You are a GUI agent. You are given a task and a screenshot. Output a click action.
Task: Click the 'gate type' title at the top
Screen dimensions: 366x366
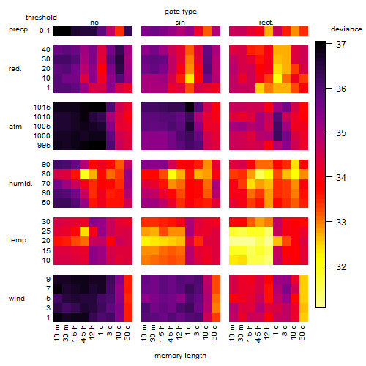pyautogui.click(x=181, y=12)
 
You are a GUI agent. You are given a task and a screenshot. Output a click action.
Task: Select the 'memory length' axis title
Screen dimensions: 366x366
pyautogui.click(x=180, y=356)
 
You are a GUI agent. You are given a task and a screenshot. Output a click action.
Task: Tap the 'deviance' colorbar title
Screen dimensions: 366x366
pyautogui.click(x=346, y=29)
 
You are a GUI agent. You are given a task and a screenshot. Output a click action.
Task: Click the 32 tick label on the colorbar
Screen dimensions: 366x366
pyautogui.click(x=341, y=266)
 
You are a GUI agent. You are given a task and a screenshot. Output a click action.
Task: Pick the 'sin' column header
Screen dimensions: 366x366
pyautogui.click(x=180, y=23)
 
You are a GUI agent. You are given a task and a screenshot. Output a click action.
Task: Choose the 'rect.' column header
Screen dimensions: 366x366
pyautogui.click(x=266, y=23)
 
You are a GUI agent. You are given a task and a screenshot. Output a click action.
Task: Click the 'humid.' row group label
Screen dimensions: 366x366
pyautogui.click(x=20, y=184)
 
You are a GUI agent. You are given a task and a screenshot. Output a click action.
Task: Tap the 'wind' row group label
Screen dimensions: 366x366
pyautogui.click(x=17, y=299)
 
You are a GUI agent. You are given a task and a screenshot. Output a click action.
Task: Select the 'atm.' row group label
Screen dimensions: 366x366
pyautogui.click(x=16, y=127)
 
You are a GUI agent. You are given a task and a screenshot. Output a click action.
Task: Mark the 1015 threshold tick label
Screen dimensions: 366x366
pyautogui.click(x=42, y=108)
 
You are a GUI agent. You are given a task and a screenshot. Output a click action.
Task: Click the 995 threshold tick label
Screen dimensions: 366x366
pyautogui.click(x=44, y=146)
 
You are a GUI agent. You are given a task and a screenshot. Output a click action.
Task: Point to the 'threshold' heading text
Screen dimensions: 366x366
pyautogui.click(x=41, y=18)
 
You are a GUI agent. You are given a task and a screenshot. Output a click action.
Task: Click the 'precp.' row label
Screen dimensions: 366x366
pyautogui.click(x=19, y=29)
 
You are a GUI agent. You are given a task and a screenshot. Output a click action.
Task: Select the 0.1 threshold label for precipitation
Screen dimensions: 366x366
pyautogui.click(x=45, y=31)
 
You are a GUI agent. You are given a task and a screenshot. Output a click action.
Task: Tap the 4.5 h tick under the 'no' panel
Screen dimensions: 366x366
pyautogui.click(x=83, y=334)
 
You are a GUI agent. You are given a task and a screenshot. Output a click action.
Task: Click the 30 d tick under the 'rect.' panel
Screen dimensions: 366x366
pyautogui.click(x=302, y=332)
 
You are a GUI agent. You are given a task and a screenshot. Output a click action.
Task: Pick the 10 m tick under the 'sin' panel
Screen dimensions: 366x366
pyautogui.click(x=145, y=332)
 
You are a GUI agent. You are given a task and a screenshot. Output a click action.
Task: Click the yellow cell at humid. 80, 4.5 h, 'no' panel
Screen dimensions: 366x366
pyautogui.click(x=84, y=174)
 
